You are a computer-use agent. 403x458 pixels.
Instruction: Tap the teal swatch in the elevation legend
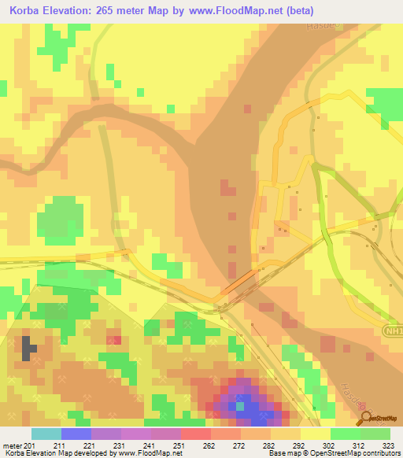46,434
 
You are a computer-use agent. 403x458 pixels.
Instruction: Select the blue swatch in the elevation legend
76,434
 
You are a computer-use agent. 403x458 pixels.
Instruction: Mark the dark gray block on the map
29,348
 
